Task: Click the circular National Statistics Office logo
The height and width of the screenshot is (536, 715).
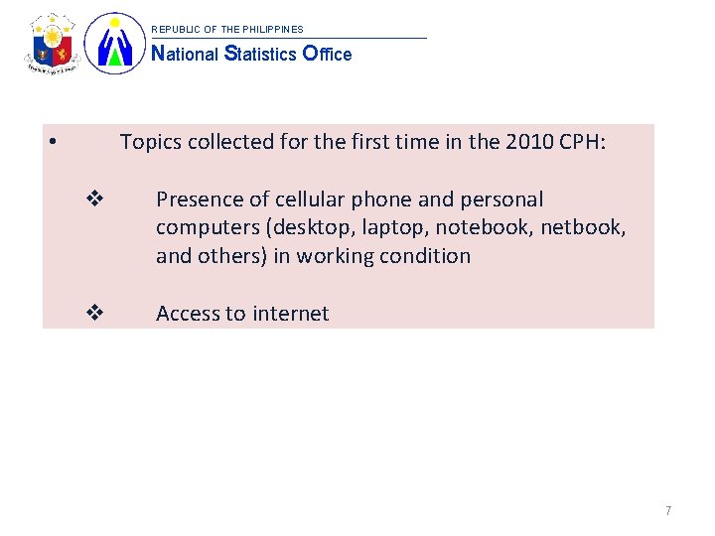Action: point(114,44)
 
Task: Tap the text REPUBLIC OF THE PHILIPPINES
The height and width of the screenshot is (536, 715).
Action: point(226,30)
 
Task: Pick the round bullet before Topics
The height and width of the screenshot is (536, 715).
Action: point(51,141)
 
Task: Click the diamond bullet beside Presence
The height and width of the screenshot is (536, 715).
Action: point(95,200)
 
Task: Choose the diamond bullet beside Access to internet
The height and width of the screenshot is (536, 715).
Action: point(95,314)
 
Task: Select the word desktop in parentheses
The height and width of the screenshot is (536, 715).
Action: point(313,227)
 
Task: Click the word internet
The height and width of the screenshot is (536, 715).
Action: point(290,314)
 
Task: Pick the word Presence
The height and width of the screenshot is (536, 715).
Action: point(196,200)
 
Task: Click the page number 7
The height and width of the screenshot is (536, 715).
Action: point(668,510)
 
